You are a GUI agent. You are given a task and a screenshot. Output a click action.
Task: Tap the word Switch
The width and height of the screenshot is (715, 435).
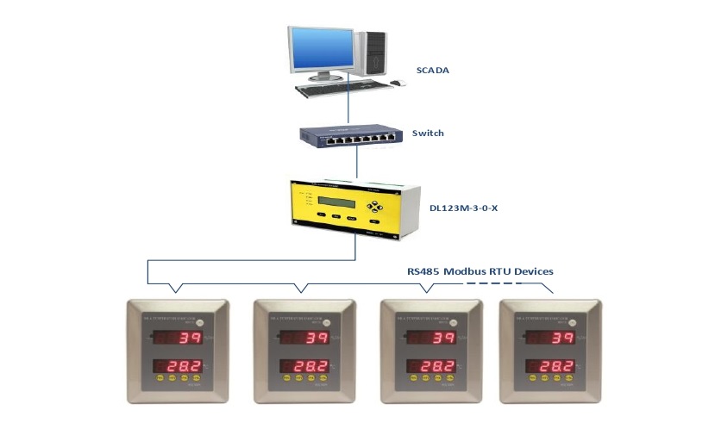click(429, 134)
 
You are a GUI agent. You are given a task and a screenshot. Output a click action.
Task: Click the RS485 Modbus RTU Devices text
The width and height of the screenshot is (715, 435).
click(480, 270)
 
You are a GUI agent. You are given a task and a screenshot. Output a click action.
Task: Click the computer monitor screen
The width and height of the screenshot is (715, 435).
click(321, 51)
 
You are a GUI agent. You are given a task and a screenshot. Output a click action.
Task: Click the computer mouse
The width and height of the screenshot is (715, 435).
click(397, 83)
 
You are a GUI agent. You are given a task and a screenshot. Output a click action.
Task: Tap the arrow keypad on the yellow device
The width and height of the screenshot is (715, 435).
click(375, 207)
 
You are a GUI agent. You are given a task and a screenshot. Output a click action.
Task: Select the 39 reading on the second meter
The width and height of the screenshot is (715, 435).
click(317, 339)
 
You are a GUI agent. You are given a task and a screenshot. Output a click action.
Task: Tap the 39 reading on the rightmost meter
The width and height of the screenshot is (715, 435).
click(562, 339)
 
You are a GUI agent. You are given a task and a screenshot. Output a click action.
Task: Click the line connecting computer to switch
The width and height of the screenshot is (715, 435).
click(348, 103)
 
